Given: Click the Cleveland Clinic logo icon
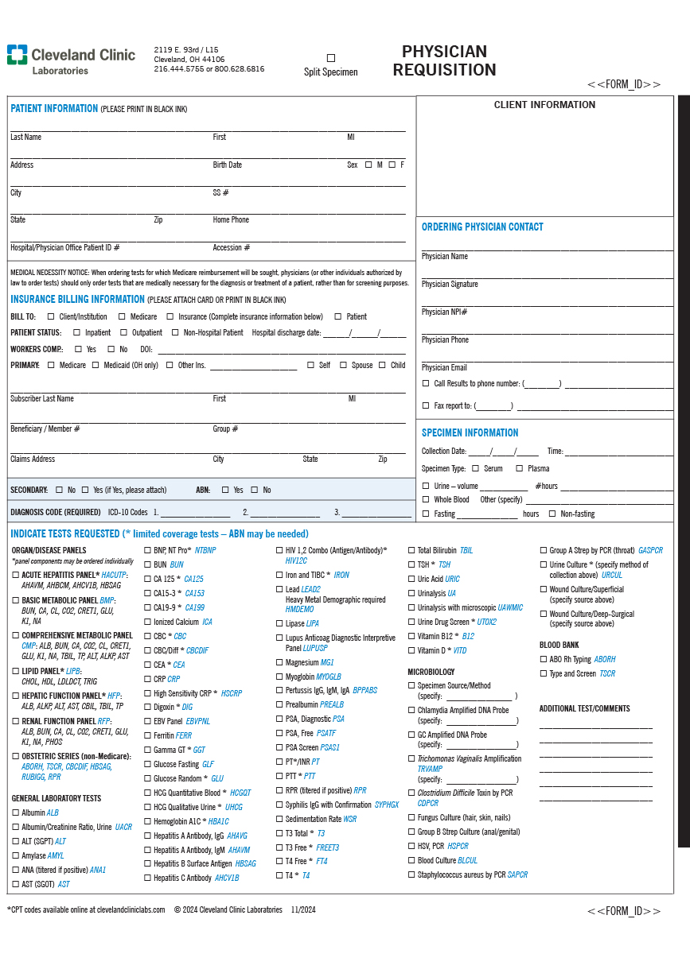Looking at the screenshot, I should (17, 55).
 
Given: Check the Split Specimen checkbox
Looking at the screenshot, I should (331, 58).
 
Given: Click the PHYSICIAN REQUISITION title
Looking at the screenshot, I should (444, 60).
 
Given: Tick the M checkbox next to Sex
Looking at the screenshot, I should (368, 165).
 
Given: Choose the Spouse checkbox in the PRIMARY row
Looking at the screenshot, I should (343, 365).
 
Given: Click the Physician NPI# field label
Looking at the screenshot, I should (444, 312).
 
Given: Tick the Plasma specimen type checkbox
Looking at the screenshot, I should (519, 468).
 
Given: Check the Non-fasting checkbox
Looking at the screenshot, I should (552, 514).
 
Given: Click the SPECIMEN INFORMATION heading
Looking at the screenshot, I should (470, 432).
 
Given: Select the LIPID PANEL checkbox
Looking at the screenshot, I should (15, 671).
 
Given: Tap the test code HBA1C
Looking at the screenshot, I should (218, 821).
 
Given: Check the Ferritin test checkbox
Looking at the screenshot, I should (147, 735).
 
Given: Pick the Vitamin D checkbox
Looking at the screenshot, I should (411, 650).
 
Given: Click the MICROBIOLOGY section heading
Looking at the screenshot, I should (431, 672).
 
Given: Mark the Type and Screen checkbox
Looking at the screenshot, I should (543, 673).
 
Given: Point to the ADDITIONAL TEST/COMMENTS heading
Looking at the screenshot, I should (584, 708).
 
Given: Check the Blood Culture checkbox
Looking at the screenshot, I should (411, 860).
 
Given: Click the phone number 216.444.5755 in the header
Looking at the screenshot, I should (179, 69).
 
